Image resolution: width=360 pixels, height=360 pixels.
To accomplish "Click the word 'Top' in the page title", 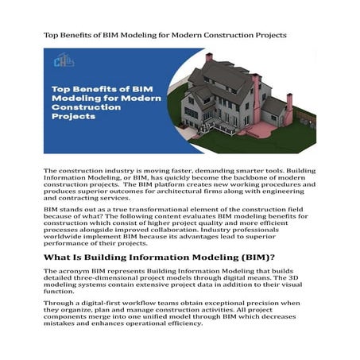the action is tap(51, 35).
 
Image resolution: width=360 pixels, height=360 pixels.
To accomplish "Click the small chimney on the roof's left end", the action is tap(208, 57).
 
